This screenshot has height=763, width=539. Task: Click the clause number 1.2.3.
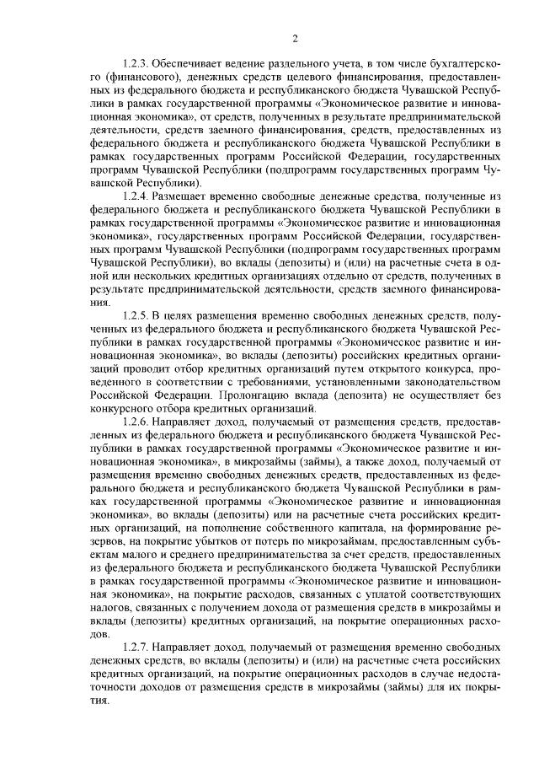click(136, 64)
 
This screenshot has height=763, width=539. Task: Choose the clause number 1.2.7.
click(136, 646)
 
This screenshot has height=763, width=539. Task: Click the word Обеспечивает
click(190, 64)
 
